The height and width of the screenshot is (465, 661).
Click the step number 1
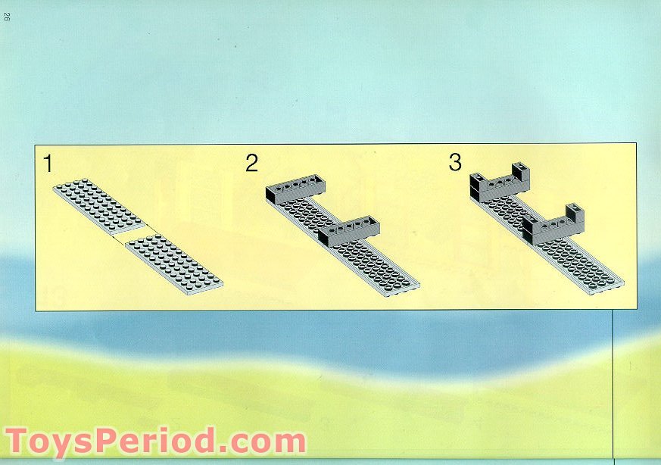pos(48,164)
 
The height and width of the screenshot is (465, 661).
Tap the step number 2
pos(251,164)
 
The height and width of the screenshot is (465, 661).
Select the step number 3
pos(455,162)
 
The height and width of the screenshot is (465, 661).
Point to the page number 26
pos(7,17)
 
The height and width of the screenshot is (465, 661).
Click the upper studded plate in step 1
pos(99,206)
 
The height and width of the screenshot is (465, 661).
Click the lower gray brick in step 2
pos(349,231)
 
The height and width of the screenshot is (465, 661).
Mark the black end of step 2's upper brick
pos(270,195)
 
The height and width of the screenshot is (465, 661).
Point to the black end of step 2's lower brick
pos(324,239)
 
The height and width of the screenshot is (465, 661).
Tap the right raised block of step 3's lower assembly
pos(575,214)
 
